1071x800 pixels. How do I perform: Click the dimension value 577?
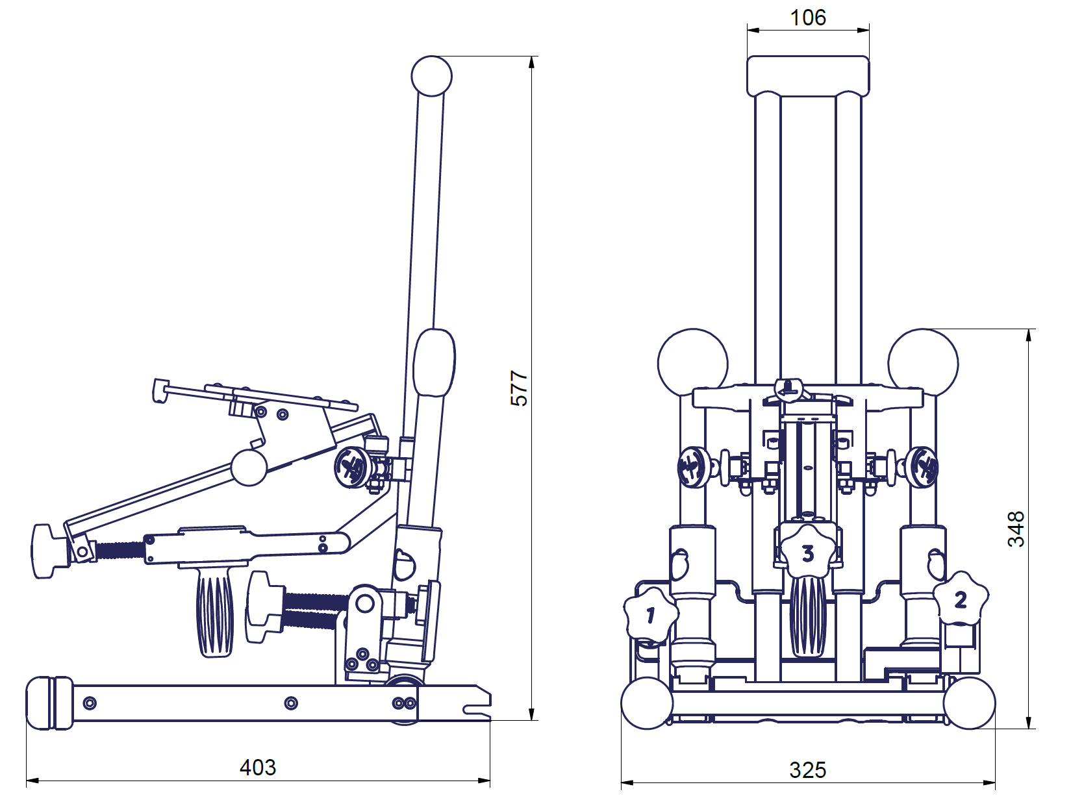click(519, 388)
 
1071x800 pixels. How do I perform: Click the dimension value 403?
click(258, 768)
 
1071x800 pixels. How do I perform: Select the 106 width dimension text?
click(807, 18)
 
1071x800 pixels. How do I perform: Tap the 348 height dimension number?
click(1016, 529)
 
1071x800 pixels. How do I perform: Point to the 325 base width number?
click(807, 770)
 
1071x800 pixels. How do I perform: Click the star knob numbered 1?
click(650, 614)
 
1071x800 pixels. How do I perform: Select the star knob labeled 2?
click(961, 599)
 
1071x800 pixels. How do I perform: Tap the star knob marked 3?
click(807, 553)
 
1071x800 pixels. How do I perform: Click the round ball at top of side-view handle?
click(431, 75)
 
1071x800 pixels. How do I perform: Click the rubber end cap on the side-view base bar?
click(49, 703)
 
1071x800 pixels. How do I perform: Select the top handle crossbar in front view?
click(807, 75)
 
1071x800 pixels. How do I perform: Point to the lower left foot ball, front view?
click(647, 703)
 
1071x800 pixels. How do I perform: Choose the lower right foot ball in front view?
click(969, 703)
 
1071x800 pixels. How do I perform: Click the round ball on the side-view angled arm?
click(249, 468)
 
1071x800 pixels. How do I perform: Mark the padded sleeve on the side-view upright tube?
click(435, 363)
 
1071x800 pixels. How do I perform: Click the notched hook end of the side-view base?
click(478, 703)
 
